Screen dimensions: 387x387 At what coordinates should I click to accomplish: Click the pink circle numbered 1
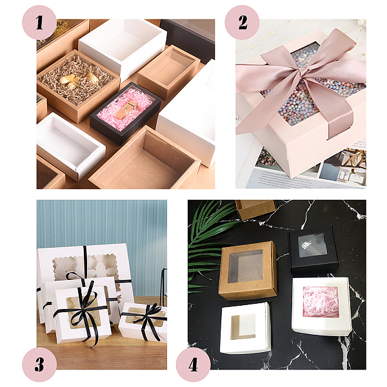(x=39, y=23)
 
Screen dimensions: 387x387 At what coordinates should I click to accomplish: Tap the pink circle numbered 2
(x=242, y=23)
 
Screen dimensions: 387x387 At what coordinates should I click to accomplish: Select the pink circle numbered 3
(x=39, y=364)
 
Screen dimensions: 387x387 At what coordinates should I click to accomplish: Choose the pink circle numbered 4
(x=193, y=364)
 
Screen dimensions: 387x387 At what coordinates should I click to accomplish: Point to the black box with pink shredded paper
(x=125, y=113)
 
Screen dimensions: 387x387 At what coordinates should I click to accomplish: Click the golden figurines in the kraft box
(x=79, y=79)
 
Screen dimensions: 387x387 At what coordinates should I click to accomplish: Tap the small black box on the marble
(x=313, y=250)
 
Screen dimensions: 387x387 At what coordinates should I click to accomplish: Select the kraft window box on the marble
(x=248, y=270)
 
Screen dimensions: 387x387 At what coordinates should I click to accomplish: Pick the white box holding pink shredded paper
(x=321, y=306)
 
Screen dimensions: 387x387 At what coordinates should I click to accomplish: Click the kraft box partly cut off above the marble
(x=255, y=209)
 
